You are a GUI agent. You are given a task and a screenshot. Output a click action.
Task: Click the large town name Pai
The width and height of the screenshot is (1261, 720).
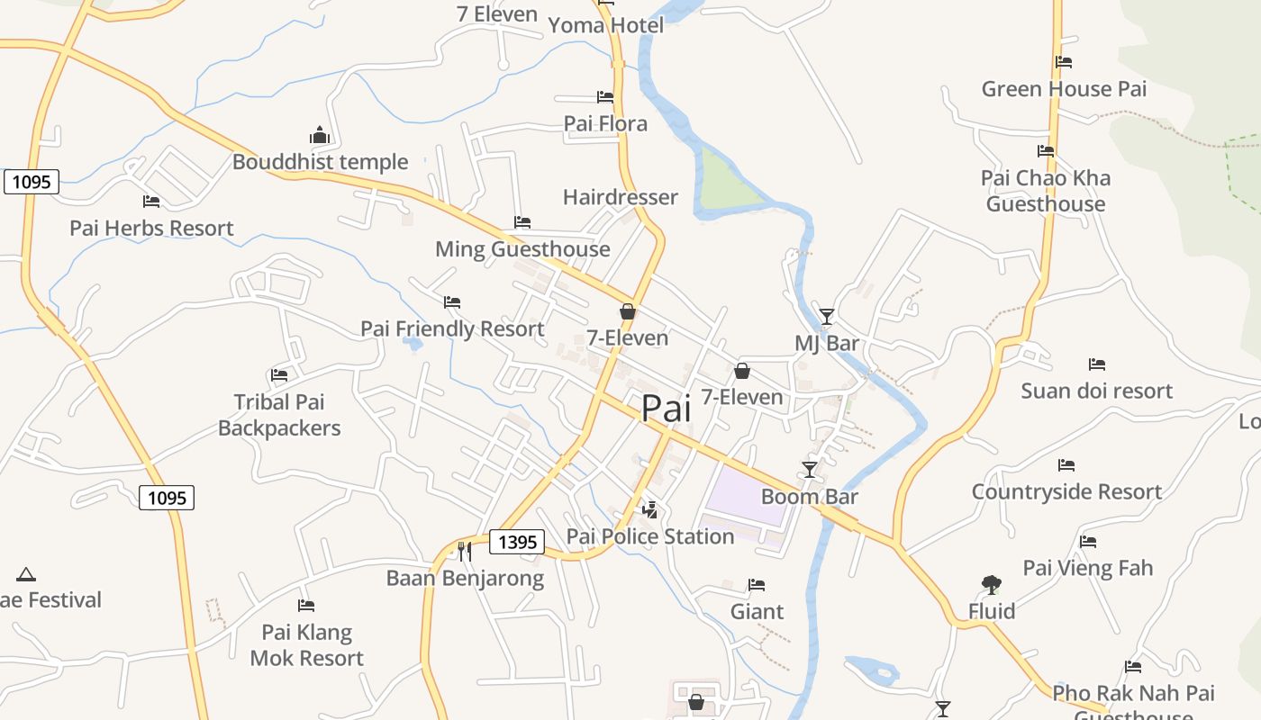tap(666, 409)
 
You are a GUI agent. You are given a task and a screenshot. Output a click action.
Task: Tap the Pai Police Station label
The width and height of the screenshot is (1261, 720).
tap(650, 536)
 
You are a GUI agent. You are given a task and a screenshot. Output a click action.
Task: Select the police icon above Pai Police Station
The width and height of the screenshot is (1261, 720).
tap(649, 510)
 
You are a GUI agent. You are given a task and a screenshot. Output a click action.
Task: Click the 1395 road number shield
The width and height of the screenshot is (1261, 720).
tap(517, 542)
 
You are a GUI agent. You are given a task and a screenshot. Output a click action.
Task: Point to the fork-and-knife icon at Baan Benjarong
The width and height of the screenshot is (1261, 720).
tap(465, 551)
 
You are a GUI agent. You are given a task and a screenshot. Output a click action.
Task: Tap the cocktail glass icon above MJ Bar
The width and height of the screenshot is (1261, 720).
tap(827, 316)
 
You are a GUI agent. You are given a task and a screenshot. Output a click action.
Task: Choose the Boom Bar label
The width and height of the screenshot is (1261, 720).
tap(810, 497)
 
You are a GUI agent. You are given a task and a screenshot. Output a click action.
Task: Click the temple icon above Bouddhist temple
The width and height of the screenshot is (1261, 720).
tap(320, 136)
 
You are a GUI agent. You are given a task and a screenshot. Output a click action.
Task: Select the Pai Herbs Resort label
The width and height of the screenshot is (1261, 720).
tap(151, 229)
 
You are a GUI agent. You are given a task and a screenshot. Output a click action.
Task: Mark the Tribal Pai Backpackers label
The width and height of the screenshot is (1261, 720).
tap(279, 415)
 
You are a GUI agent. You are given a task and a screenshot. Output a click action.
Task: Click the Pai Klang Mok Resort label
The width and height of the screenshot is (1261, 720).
tap(306, 645)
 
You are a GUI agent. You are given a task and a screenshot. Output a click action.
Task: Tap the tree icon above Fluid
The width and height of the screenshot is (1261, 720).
tap(992, 585)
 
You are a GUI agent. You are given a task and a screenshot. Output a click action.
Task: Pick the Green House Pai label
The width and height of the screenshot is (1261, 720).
tap(1064, 89)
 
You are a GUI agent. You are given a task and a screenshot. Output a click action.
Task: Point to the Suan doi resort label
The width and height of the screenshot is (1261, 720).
tap(1096, 391)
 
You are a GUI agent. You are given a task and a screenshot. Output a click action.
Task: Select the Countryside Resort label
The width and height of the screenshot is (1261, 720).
tap(1066, 492)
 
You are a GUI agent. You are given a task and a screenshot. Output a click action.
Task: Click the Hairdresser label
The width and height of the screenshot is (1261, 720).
tap(621, 197)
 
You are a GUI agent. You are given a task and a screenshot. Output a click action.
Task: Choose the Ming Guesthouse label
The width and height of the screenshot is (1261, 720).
tap(522, 249)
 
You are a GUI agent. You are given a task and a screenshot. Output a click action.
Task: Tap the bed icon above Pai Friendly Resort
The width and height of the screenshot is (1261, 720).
tap(452, 302)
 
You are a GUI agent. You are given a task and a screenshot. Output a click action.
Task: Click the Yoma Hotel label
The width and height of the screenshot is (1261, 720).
tap(606, 25)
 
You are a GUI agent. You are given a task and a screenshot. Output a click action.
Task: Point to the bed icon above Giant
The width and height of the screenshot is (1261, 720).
tap(757, 585)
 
